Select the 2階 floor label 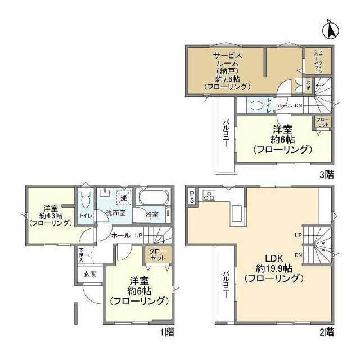[327, 332]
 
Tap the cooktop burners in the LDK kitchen [210, 195]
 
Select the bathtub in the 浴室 [154, 199]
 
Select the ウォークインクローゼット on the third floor [318, 64]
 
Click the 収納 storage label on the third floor [308, 85]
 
